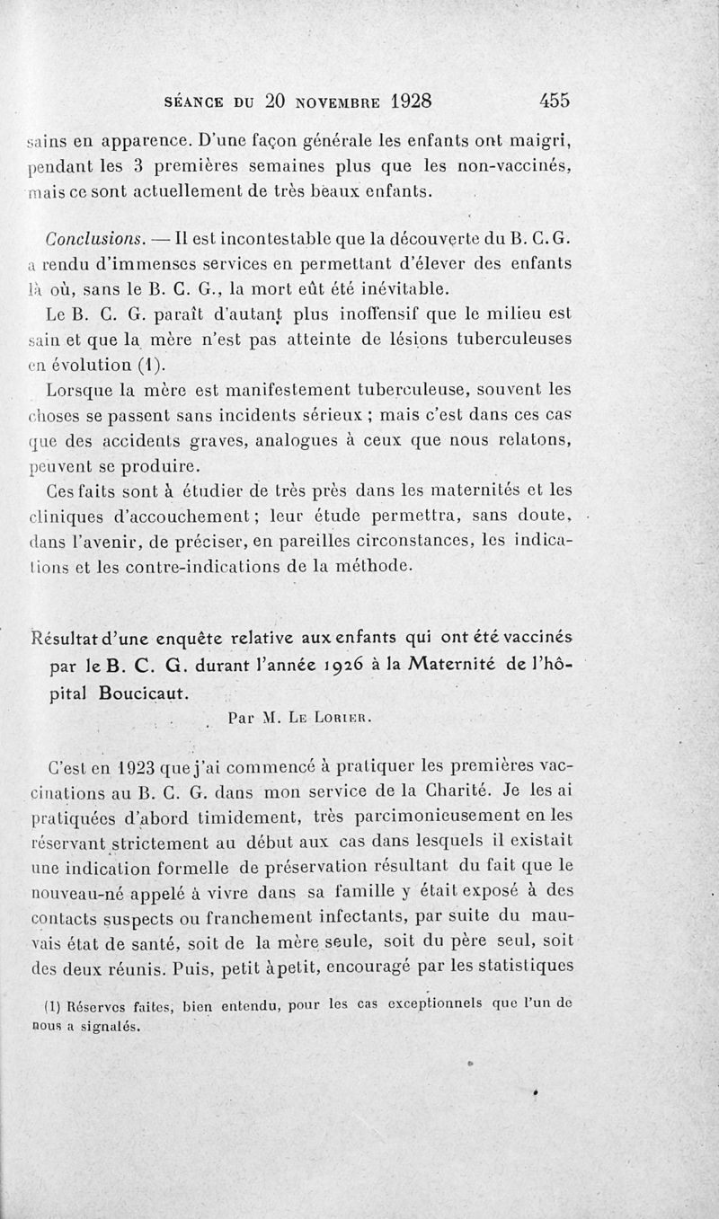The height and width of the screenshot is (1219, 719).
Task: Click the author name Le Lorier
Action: click(x=339, y=718)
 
